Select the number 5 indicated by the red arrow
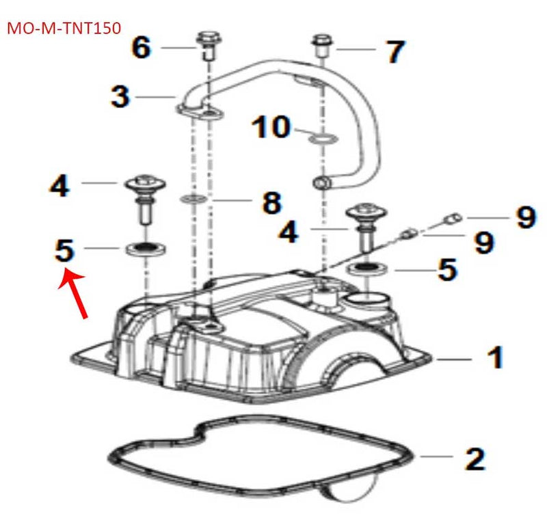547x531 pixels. pyautogui.click(x=64, y=250)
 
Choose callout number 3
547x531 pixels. pyautogui.click(x=120, y=96)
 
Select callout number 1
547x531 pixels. pyautogui.click(x=494, y=357)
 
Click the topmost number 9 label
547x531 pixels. pyautogui.click(x=525, y=219)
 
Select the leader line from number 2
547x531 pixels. pyautogui.click(x=438, y=456)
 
